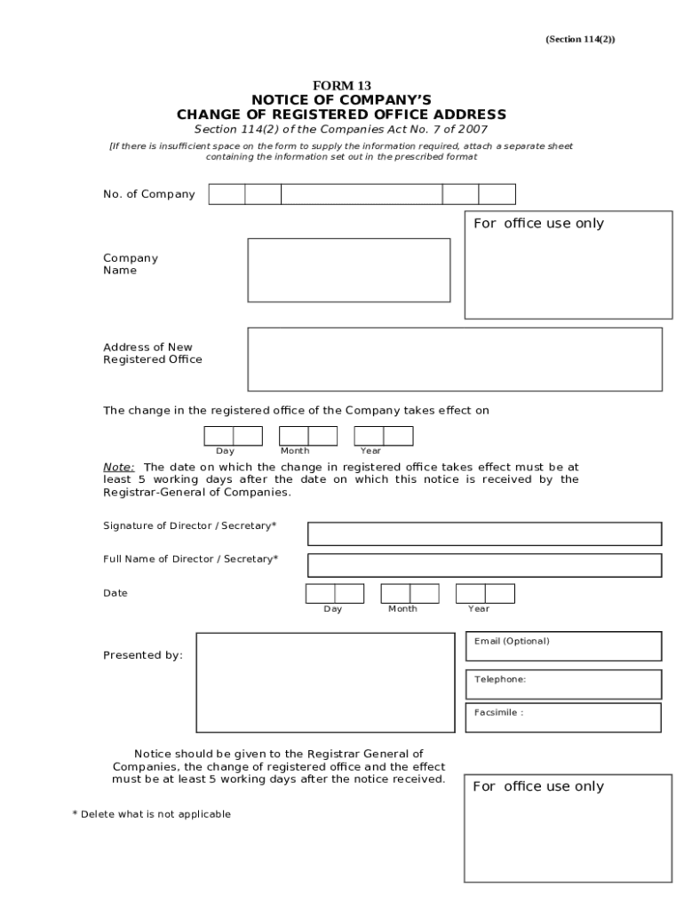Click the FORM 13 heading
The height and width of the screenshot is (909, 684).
click(341, 86)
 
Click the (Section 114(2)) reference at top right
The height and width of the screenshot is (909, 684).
click(579, 39)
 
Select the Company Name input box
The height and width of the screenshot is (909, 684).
click(348, 270)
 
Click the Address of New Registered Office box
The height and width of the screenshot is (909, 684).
click(454, 359)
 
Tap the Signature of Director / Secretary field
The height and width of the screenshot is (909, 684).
click(484, 534)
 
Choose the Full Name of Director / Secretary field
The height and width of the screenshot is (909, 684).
click(484, 565)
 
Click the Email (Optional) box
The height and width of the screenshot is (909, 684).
click(562, 646)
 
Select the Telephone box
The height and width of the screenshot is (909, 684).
click(562, 684)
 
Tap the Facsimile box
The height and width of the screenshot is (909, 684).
click(562, 717)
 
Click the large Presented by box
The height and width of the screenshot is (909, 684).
click(325, 683)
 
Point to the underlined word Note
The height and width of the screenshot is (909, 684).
click(118, 467)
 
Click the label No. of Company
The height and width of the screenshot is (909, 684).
click(148, 194)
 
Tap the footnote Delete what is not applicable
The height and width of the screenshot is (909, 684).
click(151, 814)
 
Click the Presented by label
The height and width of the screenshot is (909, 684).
click(143, 655)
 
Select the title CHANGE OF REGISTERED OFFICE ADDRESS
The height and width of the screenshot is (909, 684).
click(341, 115)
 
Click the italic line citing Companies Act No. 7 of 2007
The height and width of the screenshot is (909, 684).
click(341, 130)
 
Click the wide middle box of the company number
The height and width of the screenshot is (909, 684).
click(362, 194)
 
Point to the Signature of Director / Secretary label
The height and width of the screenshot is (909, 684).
click(189, 526)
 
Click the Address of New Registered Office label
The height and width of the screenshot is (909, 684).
click(152, 353)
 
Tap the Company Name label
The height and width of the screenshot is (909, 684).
click(130, 265)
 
